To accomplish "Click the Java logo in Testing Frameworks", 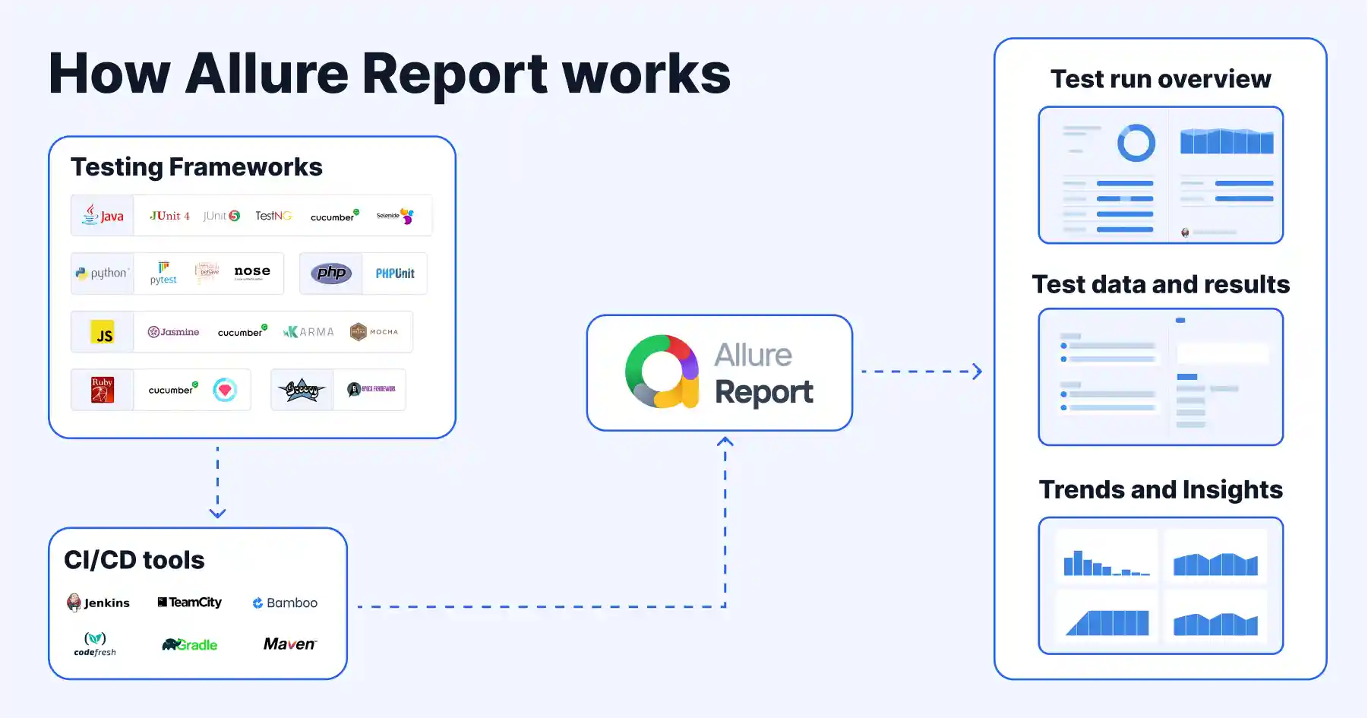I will [103, 215].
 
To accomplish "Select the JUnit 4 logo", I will [169, 216].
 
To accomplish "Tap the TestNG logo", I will [273, 216].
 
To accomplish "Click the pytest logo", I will [163, 273].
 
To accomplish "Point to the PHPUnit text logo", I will [395, 274].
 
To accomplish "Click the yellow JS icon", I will [103, 332].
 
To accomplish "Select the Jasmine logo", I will [173, 332].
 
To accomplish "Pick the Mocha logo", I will [374, 331].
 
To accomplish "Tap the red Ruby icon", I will [103, 390].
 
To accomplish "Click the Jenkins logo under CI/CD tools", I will [98, 603].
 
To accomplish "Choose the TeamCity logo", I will [190, 602].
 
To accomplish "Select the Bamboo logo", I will [285, 603].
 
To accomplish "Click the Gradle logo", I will [190, 644].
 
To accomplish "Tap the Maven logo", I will [289, 644].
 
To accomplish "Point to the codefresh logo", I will [95, 644].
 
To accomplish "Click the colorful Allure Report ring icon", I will [662, 372].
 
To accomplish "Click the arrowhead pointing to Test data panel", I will [977, 372].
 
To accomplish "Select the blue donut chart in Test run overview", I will [1136, 142].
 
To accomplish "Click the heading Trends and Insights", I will [1160, 489].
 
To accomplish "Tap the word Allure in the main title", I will [266, 74].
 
